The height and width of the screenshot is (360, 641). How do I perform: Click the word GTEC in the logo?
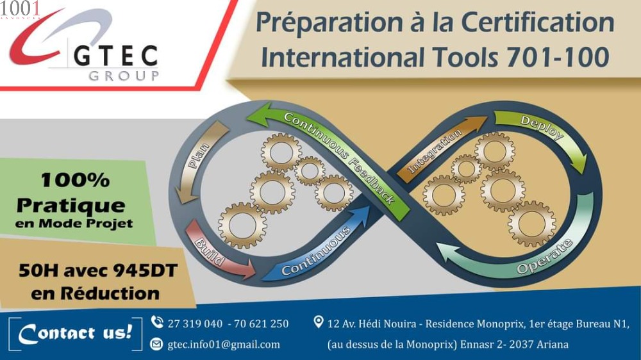tap(115, 56)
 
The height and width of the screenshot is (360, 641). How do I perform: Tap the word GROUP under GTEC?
tap(124, 76)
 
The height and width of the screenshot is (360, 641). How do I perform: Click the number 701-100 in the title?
tap(558, 57)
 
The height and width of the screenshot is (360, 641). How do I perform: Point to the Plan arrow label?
tap(199, 156)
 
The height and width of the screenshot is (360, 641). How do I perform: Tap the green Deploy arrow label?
tap(542, 127)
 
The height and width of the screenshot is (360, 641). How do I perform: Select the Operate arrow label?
tap(544, 257)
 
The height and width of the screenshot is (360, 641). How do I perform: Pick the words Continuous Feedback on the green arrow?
tap(339, 158)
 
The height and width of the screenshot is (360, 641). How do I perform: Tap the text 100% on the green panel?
tap(75, 180)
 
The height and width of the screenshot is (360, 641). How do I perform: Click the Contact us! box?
tap(75, 334)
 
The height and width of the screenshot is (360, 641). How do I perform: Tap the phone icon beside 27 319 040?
tap(157, 322)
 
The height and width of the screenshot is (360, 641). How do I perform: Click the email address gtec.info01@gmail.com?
tap(224, 345)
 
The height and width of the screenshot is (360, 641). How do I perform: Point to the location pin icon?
tap(319, 322)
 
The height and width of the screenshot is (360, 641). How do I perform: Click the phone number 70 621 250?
tap(262, 323)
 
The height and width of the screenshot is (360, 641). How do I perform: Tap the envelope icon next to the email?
tap(156, 344)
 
